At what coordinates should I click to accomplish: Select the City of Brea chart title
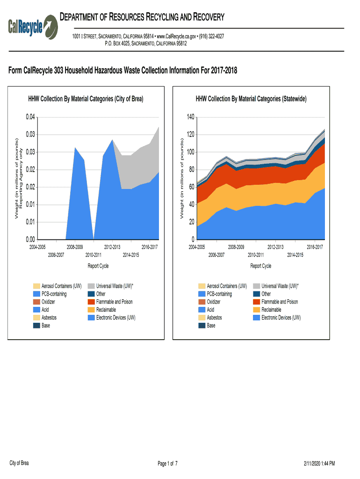click(86, 99)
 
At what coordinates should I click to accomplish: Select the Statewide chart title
click(251, 99)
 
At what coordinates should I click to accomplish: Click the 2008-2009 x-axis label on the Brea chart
click(75, 247)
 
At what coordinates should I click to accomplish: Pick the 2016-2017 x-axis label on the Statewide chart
click(315, 247)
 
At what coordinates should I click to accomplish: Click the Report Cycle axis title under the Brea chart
click(98, 266)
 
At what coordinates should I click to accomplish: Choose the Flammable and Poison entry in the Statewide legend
click(280, 302)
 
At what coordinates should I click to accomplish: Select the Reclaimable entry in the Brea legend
click(106, 310)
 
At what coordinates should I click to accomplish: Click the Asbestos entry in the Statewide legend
click(215, 318)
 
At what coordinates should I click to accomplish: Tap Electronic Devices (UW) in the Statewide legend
click(281, 318)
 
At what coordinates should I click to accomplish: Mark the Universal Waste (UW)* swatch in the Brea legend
click(91, 286)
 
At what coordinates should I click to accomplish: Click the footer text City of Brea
click(19, 463)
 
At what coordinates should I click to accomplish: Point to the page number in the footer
click(167, 464)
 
